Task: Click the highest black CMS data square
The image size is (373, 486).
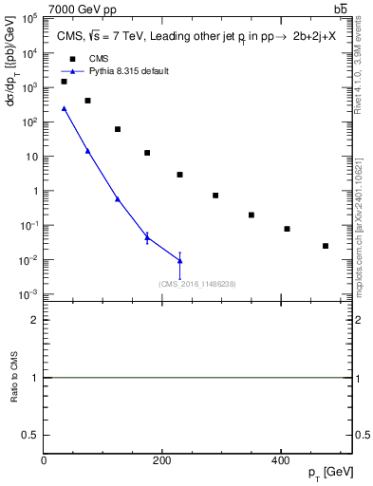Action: pos(64,82)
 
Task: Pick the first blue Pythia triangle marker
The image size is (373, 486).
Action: pos(64,108)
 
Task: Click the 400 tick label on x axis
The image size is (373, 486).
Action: pos(280,460)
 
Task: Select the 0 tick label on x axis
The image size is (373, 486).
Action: pos(44,460)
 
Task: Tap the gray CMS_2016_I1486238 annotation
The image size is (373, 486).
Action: pos(196,284)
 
